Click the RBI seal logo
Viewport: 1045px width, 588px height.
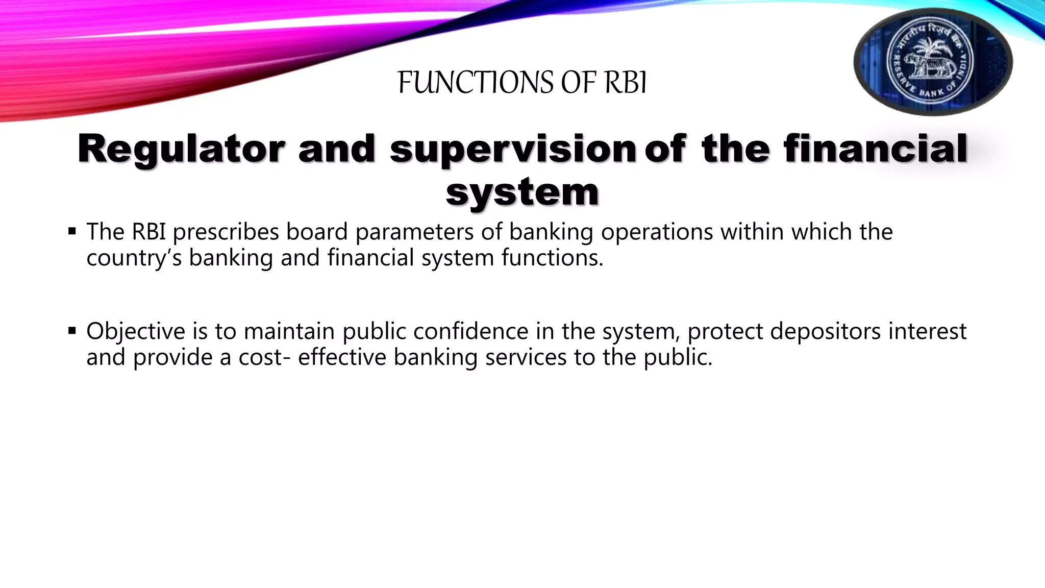[933, 62]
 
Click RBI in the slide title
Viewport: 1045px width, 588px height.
[626, 83]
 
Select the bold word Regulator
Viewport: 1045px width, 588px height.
[180, 149]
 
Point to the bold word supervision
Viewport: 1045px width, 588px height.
[512, 149]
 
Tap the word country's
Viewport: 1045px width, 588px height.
[134, 258]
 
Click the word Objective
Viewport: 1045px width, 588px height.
[135, 331]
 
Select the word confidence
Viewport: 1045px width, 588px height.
[470, 331]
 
